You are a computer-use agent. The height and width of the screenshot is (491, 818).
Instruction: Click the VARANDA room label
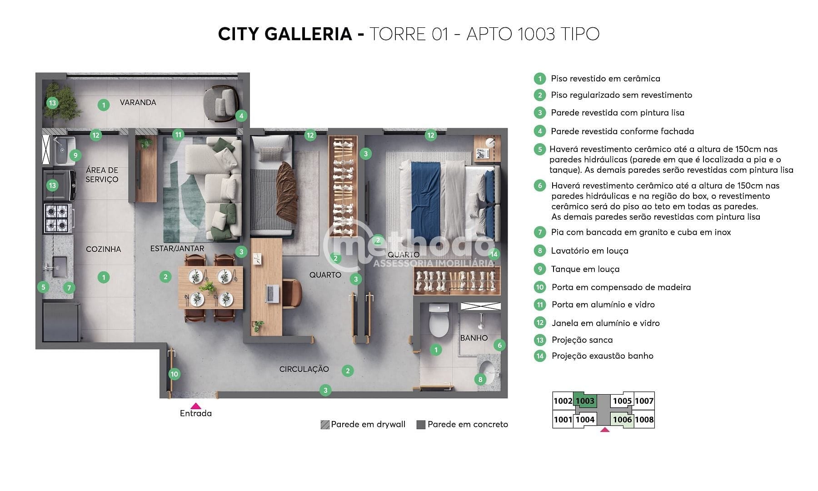click(x=138, y=102)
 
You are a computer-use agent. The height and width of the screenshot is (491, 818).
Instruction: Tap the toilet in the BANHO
click(x=439, y=321)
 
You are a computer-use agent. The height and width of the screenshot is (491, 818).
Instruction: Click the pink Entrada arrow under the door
click(x=195, y=406)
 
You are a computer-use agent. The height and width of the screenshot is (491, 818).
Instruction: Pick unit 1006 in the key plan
click(x=622, y=420)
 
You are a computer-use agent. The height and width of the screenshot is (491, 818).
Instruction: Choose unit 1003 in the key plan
click(x=584, y=401)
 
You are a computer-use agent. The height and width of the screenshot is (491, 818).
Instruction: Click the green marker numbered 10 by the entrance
click(x=174, y=374)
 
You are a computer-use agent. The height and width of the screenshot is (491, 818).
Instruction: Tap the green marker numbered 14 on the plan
click(x=494, y=254)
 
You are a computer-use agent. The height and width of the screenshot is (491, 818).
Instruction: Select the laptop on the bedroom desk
click(x=273, y=294)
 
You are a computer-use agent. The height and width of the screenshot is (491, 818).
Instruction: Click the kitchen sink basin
click(x=60, y=266)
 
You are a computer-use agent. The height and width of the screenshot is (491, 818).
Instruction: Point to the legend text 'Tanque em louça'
click(x=585, y=269)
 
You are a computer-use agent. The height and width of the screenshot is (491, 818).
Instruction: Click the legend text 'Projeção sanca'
click(x=582, y=340)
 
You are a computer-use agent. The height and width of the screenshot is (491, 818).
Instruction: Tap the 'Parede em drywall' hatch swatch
click(x=325, y=425)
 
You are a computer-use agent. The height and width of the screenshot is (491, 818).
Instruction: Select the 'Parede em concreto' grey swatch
click(x=421, y=425)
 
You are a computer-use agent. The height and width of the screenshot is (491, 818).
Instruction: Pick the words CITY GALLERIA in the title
click(x=285, y=34)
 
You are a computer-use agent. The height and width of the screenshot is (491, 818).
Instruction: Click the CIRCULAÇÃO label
click(x=304, y=369)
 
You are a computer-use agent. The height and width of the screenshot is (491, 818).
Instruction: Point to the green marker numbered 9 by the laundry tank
click(x=75, y=155)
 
